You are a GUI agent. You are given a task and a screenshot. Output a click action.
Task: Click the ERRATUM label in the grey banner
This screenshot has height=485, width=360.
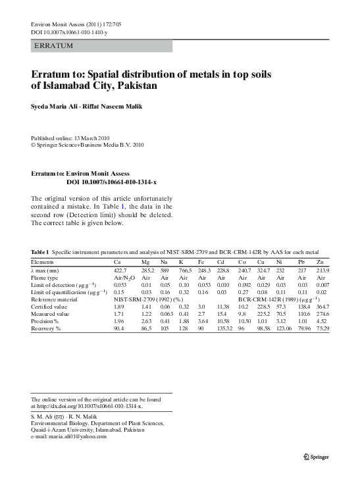[x=54, y=46]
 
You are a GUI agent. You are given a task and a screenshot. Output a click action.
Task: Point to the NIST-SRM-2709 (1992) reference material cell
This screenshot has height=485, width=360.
[x=148, y=299]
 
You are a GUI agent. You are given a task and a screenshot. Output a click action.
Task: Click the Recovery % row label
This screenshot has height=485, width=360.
[x=46, y=328]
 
